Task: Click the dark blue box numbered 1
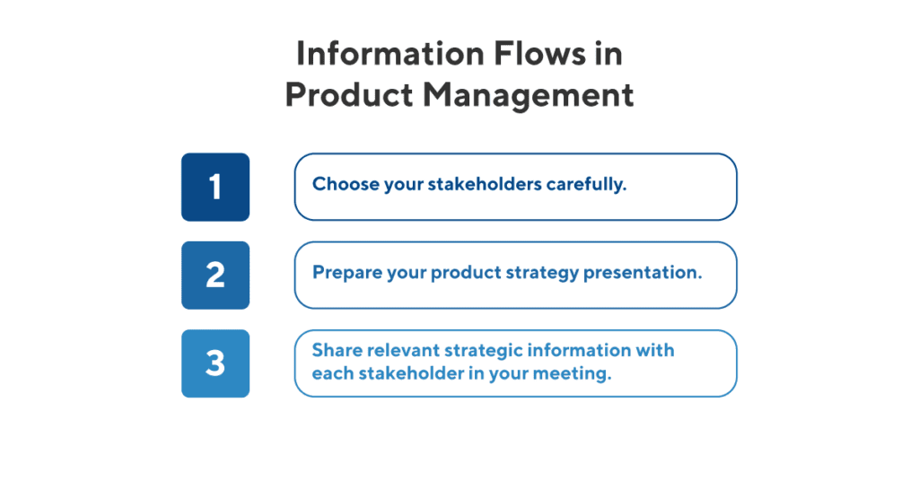pos(215,187)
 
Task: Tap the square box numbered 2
pos(215,275)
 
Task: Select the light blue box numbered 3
pos(215,363)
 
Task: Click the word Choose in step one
pos(340,186)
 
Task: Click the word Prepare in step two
pos(344,274)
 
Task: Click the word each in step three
pos(329,374)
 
